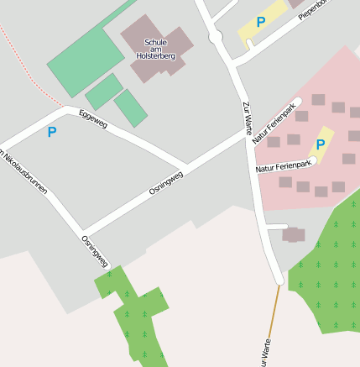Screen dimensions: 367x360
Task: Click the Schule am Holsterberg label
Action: [155, 49]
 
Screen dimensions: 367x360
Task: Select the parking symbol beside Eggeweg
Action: [52, 132]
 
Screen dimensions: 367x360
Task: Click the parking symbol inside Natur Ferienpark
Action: [320, 144]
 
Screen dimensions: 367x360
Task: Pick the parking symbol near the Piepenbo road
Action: [261, 23]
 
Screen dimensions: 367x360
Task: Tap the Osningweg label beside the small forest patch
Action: [95, 251]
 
